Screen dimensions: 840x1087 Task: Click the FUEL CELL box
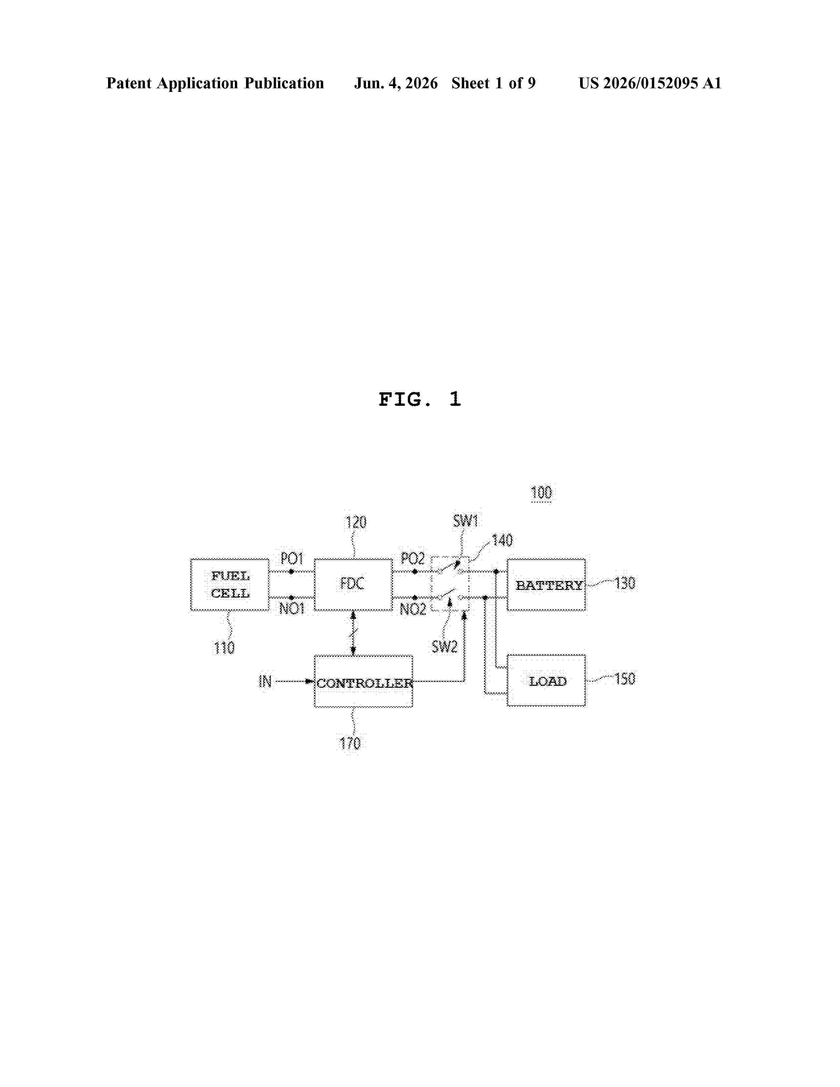tap(229, 584)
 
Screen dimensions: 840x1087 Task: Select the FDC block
tap(353, 584)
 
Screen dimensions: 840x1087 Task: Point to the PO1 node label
tap(292, 558)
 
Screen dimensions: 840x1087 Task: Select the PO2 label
tap(412, 558)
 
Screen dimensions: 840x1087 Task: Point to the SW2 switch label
tap(444, 647)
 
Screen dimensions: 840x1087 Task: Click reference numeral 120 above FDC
tap(356, 522)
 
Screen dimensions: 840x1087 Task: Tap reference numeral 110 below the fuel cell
tap(224, 648)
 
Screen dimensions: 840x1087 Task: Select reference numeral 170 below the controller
tap(350, 743)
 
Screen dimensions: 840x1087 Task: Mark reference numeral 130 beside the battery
tap(625, 583)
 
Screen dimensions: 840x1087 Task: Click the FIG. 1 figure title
tap(420, 399)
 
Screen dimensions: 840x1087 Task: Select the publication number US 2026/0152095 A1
tap(650, 83)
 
